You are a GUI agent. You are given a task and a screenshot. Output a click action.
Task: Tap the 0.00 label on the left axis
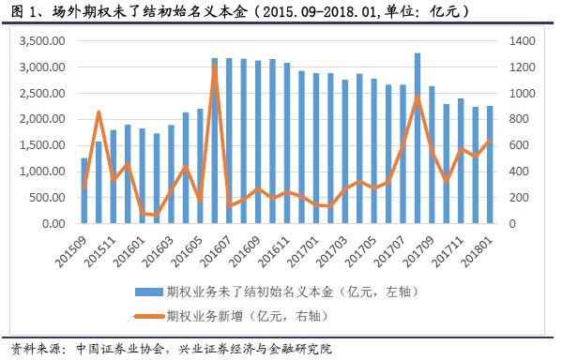tap(54, 224)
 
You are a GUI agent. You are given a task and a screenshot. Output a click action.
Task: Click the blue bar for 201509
tap(84, 190)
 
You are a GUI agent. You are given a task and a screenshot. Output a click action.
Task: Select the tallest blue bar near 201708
tap(418, 138)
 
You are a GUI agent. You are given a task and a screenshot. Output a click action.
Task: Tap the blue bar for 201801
tap(489, 165)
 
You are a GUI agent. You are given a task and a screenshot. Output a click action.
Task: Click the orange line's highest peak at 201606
tap(214, 67)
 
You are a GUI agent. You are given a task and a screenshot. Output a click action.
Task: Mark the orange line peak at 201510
tap(99, 112)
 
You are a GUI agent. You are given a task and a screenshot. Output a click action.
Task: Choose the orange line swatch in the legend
tap(148, 316)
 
